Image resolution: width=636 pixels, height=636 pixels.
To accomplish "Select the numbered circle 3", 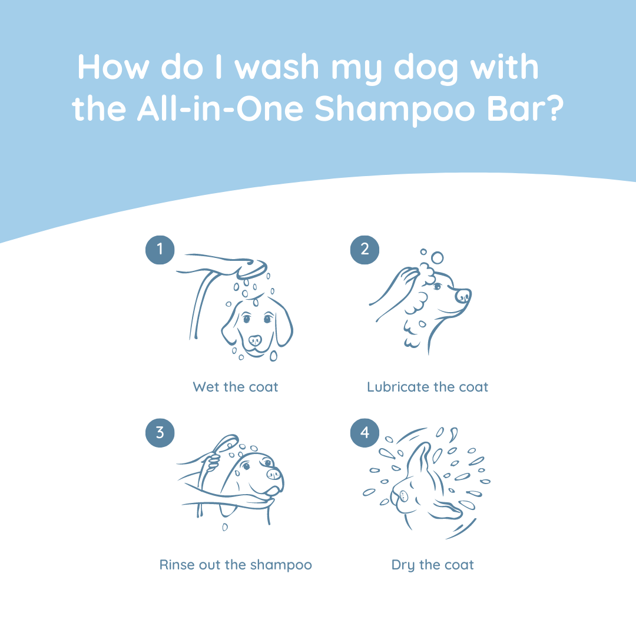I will coord(160,433).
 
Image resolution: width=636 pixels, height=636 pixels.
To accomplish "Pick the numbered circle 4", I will coord(365,433).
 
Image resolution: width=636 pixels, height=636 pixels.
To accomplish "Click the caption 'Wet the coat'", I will coord(235,387).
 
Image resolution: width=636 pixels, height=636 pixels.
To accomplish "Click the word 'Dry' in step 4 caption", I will coord(403,565).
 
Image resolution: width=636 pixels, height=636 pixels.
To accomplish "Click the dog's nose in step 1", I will coord(255,340).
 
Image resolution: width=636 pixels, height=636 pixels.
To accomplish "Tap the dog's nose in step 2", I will coord(463,294).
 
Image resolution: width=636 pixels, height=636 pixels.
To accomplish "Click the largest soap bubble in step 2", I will coord(437,258).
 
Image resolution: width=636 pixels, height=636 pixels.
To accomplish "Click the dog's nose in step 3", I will coord(273,473).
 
